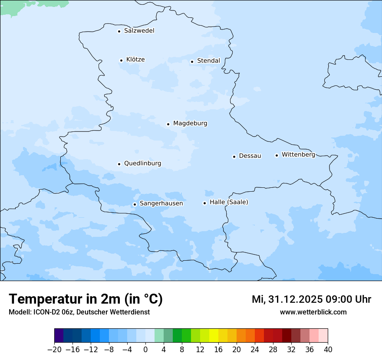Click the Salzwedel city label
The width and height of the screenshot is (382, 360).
(139, 31)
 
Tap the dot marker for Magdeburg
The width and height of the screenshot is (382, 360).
(168, 124)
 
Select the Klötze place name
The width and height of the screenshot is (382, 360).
(135, 60)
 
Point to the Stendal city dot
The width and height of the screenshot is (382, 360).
(192, 62)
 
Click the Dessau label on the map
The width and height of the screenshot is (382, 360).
(250, 156)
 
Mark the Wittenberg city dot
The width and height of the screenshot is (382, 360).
(277, 155)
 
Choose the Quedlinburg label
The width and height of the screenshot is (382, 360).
(142, 164)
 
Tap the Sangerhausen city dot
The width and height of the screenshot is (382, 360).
(135, 204)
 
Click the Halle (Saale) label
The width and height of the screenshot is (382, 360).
(229, 202)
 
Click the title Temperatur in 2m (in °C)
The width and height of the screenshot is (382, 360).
(86, 299)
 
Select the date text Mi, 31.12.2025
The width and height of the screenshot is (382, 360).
(289, 299)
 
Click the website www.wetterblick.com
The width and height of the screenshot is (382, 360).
(313, 312)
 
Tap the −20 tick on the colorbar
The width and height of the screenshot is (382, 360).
(54, 350)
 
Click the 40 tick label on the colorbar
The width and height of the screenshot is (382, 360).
(328, 350)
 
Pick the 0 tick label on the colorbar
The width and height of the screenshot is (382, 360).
(145, 350)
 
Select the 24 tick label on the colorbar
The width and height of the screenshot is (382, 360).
(255, 350)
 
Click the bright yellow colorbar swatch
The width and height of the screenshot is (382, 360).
(214, 336)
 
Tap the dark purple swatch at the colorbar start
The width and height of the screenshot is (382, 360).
(59, 336)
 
